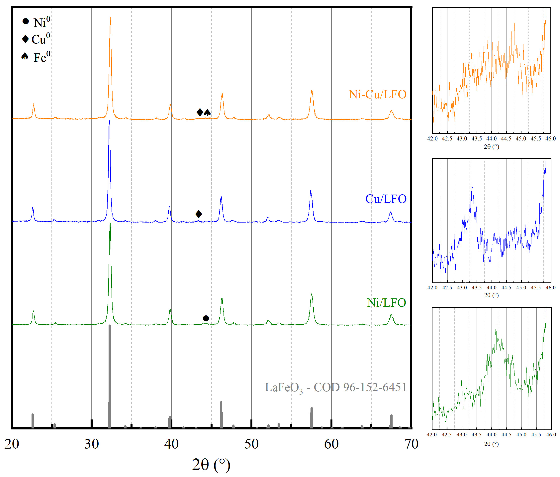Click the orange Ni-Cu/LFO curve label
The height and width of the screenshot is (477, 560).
(x=377, y=94)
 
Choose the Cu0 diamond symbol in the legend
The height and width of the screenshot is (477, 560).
(x=25, y=39)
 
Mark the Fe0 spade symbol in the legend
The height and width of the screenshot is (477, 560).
(x=25, y=56)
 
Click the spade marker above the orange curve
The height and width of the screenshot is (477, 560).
(x=207, y=113)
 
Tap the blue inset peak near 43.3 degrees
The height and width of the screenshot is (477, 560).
(x=472, y=187)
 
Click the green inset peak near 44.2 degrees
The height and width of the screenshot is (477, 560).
(x=496, y=326)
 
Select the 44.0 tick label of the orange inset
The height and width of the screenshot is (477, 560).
(x=491, y=139)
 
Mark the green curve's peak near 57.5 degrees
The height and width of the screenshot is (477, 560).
(x=312, y=294)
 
